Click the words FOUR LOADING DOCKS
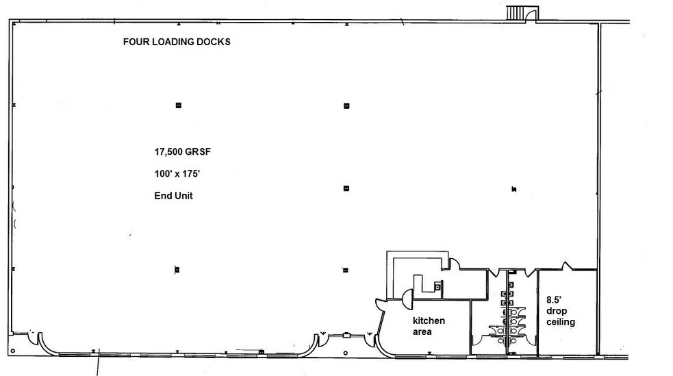click(x=177, y=42)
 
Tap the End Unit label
click(x=173, y=196)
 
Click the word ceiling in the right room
click(x=560, y=322)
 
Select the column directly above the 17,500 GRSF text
click(x=178, y=105)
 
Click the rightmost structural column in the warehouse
click(x=512, y=188)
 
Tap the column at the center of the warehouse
click(x=346, y=188)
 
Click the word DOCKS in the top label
click(x=214, y=42)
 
